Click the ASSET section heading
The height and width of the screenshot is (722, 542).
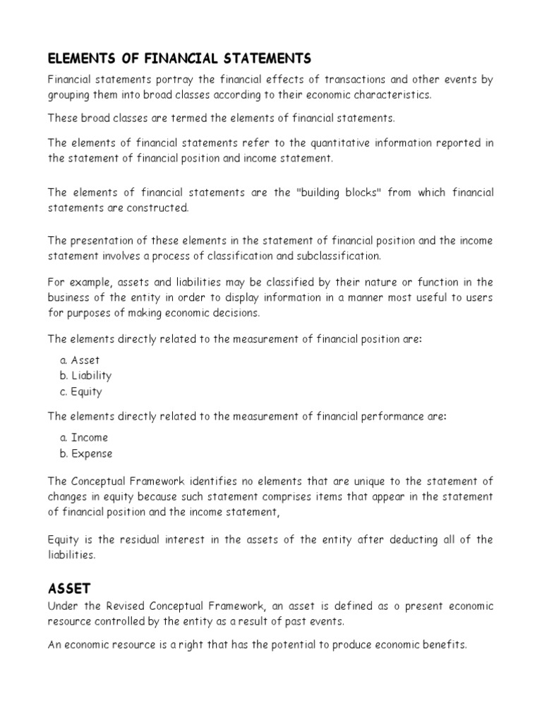[x=70, y=588]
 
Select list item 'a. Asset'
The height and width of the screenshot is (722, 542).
[x=80, y=360]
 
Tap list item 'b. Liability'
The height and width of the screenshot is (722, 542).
[x=85, y=376]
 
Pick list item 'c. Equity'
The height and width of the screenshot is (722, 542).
[x=81, y=391]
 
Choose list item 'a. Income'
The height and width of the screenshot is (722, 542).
[x=84, y=438]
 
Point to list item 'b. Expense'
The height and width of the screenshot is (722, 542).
[x=86, y=453]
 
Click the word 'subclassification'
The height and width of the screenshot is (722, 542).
[x=338, y=255]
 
